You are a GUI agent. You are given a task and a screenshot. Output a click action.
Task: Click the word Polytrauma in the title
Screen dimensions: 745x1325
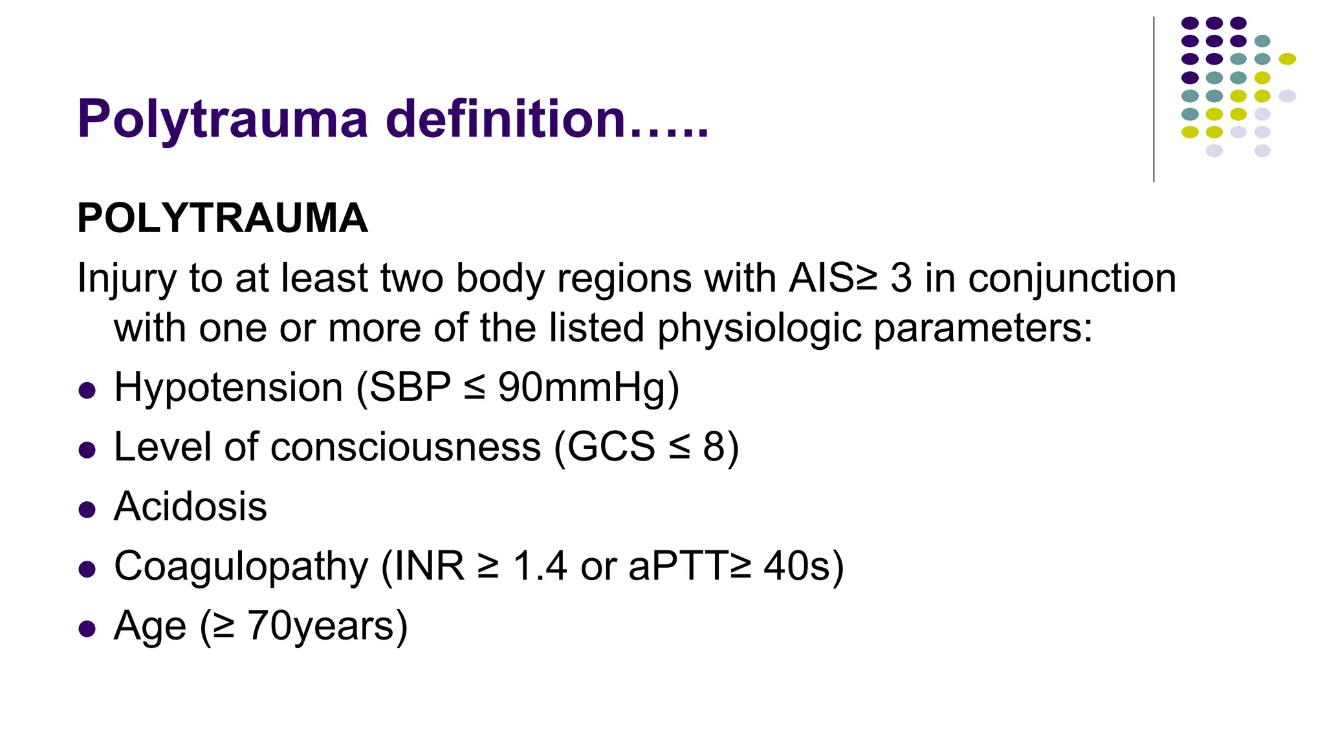click(x=223, y=119)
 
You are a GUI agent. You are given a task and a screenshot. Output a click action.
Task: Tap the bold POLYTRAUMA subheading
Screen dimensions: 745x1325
click(x=223, y=218)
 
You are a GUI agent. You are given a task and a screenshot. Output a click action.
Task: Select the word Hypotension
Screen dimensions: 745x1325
click(x=228, y=387)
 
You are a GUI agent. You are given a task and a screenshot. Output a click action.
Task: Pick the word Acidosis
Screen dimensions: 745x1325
click(x=190, y=506)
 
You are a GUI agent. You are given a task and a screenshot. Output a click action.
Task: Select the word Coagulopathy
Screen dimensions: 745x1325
click(x=241, y=567)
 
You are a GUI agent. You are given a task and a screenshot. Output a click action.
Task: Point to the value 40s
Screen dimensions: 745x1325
click(x=797, y=566)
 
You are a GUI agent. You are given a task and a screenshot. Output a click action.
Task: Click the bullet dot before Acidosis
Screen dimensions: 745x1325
click(x=87, y=509)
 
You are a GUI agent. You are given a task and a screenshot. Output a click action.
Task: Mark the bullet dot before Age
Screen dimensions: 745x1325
click(x=87, y=629)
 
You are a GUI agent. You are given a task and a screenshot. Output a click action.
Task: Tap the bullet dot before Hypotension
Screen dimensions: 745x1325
click(x=87, y=390)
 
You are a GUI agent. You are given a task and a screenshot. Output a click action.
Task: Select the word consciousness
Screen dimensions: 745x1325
click(x=405, y=447)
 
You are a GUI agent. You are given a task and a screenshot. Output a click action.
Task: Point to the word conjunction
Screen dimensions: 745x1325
click(x=1072, y=279)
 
